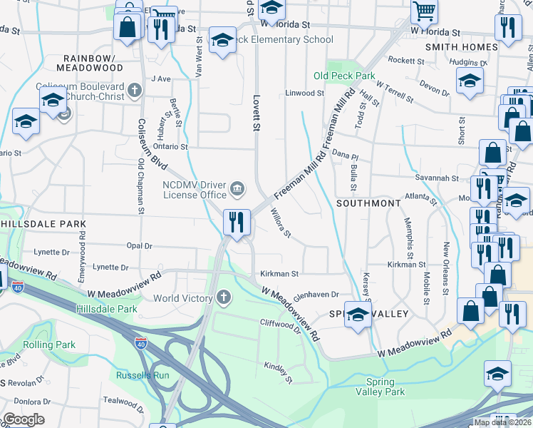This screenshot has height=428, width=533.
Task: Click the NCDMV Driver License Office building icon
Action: [237, 190]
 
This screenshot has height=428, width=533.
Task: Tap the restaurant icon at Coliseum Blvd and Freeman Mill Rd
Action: [237, 222]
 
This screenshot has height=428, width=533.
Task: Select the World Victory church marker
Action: [224, 297]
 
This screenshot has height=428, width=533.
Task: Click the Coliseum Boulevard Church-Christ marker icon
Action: [135, 91]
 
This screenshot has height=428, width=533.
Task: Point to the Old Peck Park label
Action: [345, 76]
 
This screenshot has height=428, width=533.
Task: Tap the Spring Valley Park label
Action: [380, 387]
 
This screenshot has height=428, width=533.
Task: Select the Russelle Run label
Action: [143, 374]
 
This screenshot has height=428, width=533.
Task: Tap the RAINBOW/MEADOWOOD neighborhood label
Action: [89, 62]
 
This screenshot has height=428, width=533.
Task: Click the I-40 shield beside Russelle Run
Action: [141, 342]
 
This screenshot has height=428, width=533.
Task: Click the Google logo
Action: [24, 419]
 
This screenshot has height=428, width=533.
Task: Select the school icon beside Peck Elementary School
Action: [222, 41]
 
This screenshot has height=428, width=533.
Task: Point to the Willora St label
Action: [280, 223]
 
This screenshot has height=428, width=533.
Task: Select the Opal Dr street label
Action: [139, 245]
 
